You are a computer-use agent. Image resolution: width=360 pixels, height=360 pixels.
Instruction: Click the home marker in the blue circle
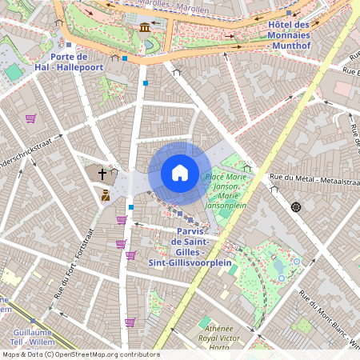pos(179,173)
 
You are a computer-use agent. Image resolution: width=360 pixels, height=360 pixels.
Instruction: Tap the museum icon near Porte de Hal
pos(144,28)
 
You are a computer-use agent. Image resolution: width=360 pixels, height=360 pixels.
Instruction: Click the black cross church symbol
pos(102,173)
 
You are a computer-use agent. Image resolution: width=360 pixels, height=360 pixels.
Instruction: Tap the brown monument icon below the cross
pos(105,195)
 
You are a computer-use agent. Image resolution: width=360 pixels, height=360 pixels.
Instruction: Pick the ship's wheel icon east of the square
pos(296,207)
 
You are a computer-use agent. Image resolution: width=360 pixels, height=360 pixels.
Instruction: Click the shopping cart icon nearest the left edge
pos(30,118)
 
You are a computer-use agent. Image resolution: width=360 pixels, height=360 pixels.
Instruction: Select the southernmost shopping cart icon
pos(130,322)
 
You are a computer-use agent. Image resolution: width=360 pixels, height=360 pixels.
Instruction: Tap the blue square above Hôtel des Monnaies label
pos(287,14)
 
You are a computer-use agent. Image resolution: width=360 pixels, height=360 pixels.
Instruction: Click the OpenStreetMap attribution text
pos(80,354)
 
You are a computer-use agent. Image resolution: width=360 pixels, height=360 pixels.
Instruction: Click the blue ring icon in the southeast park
pos(297,261)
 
